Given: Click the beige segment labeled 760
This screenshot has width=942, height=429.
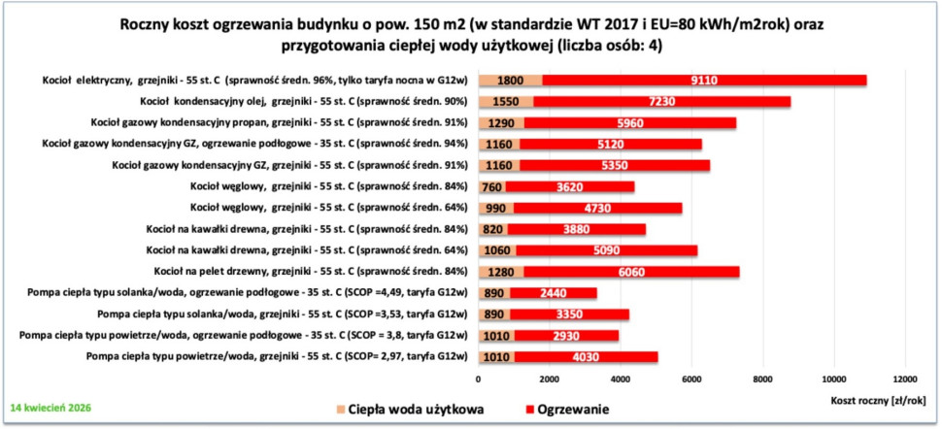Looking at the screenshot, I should [x=490, y=186].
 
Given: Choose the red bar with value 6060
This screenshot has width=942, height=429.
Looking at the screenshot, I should [x=631, y=271].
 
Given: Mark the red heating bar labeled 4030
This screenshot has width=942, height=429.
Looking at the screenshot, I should [x=586, y=356].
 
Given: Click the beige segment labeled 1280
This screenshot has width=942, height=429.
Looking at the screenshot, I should [x=500, y=271].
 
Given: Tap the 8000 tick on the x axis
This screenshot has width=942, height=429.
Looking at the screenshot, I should [x=762, y=379].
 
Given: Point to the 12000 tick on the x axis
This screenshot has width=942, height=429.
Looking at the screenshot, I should [x=905, y=379].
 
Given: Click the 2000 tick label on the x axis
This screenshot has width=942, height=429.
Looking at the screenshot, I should [x=549, y=379].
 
